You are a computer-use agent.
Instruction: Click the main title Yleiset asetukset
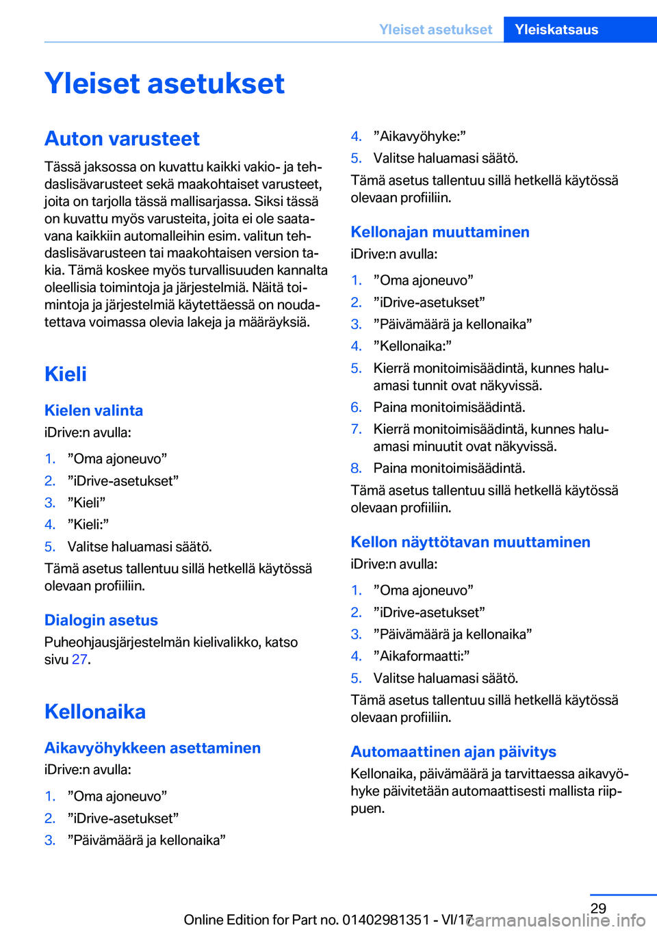coord(164,83)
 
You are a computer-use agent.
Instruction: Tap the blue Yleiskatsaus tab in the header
coord(556,29)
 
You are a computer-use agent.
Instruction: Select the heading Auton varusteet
coord(122,139)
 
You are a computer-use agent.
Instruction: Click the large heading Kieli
coord(66,374)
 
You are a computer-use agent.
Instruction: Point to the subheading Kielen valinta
coord(94,411)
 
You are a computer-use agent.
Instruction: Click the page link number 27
coord(79,660)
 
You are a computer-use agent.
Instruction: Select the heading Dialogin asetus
coord(101,621)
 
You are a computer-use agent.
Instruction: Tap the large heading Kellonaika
coord(95,712)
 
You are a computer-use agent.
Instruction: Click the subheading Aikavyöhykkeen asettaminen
coord(153,748)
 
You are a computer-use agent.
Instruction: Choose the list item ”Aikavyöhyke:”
coord(420,136)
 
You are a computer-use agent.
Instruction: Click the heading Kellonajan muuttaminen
coord(440,232)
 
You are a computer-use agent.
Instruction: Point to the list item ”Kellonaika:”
coord(412,346)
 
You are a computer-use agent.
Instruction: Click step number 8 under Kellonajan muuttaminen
coord(356,469)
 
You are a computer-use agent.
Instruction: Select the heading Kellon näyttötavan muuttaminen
coord(470,542)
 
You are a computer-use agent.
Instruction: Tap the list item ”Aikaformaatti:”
coord(422,656)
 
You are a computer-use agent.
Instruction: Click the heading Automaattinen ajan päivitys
coord(453,752)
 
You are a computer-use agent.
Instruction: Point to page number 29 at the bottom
coord(598,909)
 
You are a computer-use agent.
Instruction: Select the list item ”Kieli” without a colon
coord(86,503)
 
